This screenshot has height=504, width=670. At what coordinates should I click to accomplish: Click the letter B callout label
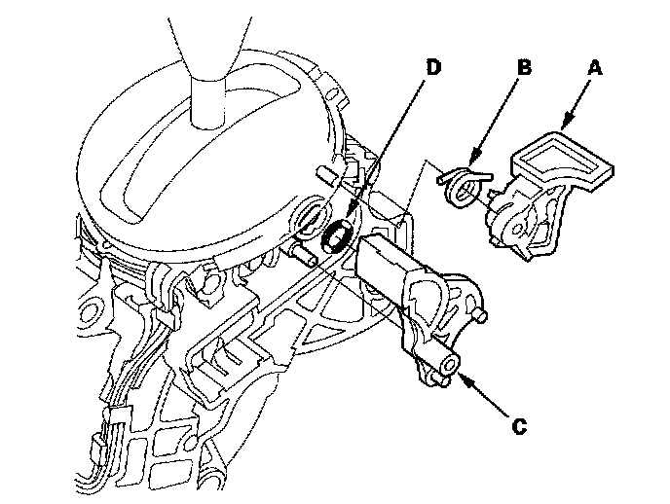tap(524, 70)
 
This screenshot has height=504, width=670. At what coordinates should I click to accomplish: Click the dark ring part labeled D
tap(338, 235)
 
